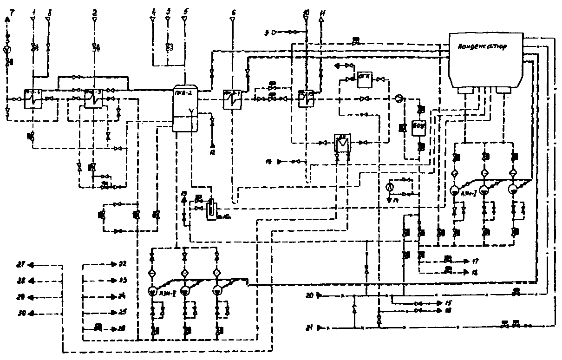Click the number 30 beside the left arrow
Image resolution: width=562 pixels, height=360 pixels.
coord(20,313)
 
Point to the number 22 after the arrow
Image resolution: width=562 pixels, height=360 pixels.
coord(122,264)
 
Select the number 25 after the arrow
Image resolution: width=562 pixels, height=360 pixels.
coord(122,312)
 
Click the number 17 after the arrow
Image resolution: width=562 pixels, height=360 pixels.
coord(475,261)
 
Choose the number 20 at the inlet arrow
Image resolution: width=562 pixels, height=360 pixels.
coord(310,295)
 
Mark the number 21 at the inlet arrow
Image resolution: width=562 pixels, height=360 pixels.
coord(310,327)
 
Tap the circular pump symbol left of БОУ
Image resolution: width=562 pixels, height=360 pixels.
coord(399,98)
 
